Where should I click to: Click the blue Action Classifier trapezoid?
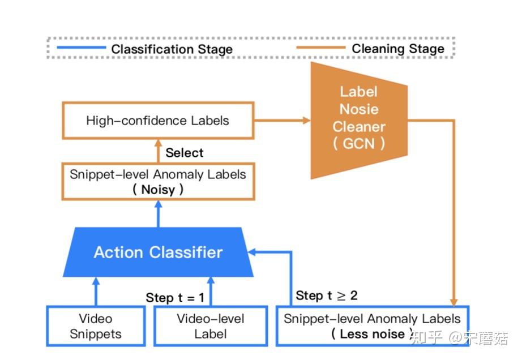click(x=158, y=252)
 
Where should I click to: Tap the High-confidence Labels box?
click(x=157, y=121)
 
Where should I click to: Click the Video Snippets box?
click(x=95, y=327)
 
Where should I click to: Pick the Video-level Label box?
click(x=210, y=327)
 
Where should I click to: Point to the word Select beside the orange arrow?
click(x=184, y=152)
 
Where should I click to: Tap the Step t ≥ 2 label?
click(x=327, y=295)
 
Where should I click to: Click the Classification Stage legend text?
click(x=172, y=49)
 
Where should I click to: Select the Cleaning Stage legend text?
click(x=398, y=49)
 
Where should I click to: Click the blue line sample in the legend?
click(x=81, y=49)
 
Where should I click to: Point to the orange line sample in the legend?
click(x=320, y=49)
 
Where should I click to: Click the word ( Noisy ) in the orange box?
click(x=158, y=190)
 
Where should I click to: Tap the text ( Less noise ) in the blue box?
click(x=372, y=334)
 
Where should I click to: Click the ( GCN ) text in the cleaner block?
click(x=358, y=144)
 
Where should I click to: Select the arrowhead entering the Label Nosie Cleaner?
click(x=306, y=121)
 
